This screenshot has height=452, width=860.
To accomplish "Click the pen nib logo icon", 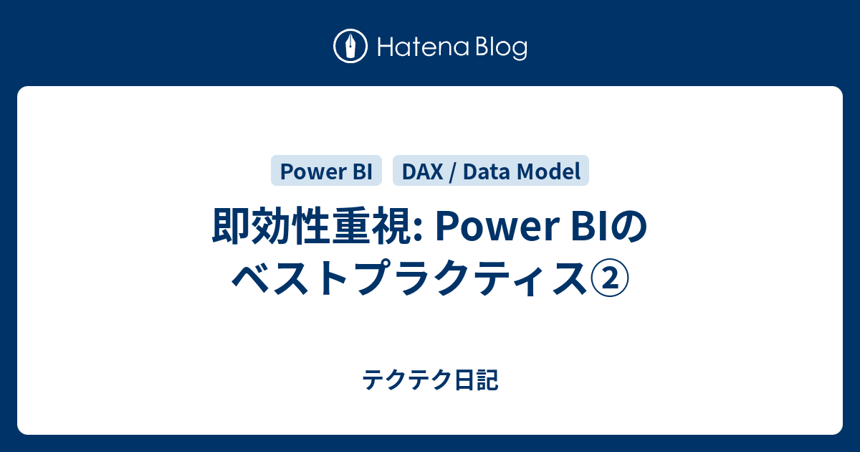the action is (350, 46).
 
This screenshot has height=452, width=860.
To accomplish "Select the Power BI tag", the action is (326, 171).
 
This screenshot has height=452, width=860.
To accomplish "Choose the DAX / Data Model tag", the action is (491, 171).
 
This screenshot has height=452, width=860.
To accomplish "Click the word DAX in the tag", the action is (422, 171).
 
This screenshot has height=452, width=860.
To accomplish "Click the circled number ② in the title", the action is (610, 279).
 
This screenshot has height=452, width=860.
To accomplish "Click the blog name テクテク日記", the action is (430, 380).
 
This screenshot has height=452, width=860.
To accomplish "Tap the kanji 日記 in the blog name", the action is (476, 380).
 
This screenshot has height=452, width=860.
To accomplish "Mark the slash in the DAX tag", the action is (453, 172).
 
